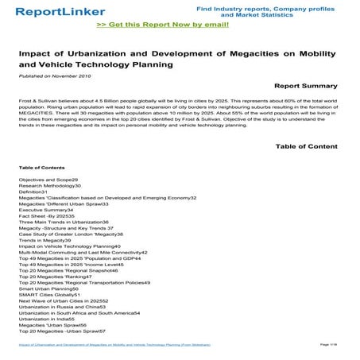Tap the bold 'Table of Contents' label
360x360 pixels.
(41, 168)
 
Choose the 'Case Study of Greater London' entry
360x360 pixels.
(72, 234)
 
